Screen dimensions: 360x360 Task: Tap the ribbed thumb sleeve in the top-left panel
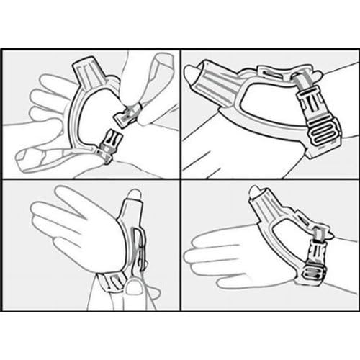tap(94, 71)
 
